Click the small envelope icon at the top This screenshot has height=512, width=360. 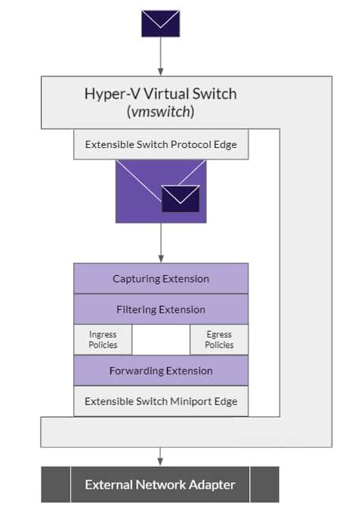[160, 24]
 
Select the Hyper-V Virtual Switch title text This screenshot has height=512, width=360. [160, 94]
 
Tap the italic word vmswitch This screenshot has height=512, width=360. [160, 111]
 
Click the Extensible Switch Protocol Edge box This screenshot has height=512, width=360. [160, 144]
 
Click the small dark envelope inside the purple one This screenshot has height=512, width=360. [181, 199]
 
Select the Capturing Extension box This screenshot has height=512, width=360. [160, 279]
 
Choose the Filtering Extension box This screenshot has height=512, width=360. [160, 309]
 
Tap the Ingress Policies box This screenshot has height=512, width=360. [103, 340]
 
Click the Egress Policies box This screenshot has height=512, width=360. [219, 340]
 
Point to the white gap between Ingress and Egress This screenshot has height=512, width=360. [160, 340]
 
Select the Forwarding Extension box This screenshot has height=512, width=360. [160, 371]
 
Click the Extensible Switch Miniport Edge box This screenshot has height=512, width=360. [160, 400]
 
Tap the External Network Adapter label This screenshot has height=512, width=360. [160, 485]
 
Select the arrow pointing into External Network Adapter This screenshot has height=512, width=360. [160, 455]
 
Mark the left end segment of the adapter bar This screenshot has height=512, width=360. [55, 485]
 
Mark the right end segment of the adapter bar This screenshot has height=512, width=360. [264, 485]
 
